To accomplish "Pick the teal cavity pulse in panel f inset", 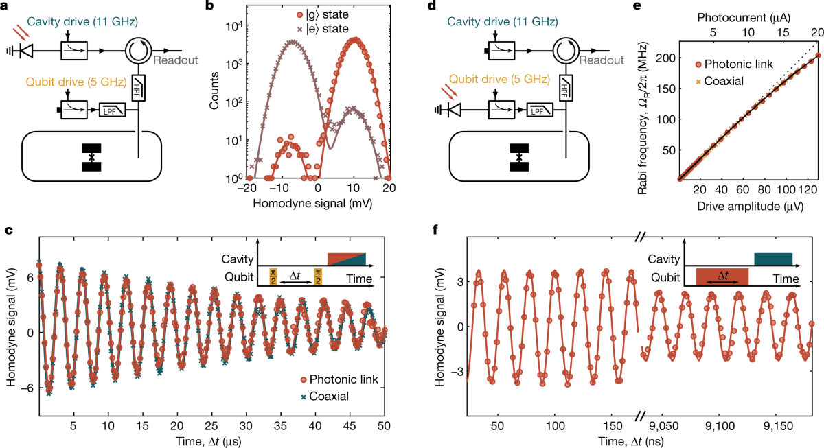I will coord(772,259).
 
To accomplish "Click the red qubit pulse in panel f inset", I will coord(722,276).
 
